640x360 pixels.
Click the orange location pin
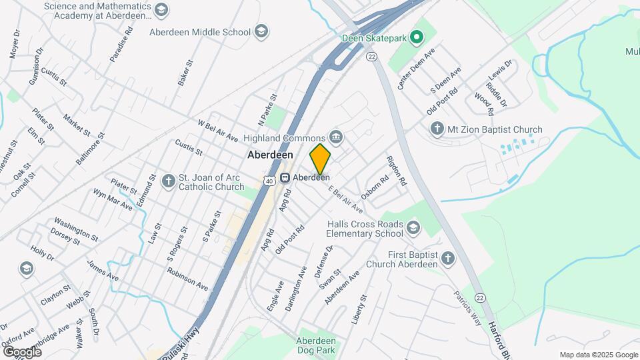320,159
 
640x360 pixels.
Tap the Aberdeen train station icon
285,177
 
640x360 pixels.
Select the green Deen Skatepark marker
417,38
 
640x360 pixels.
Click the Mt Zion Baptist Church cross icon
437,129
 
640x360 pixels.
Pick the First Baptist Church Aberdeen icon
448,259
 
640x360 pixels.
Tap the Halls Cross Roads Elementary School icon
413,229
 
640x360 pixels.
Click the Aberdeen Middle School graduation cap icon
262,31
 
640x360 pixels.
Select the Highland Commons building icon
336,137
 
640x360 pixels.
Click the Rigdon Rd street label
395,171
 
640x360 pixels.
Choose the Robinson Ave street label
187,279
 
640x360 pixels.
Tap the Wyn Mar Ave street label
113,199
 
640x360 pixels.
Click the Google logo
22,351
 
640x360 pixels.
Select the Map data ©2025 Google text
598,355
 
